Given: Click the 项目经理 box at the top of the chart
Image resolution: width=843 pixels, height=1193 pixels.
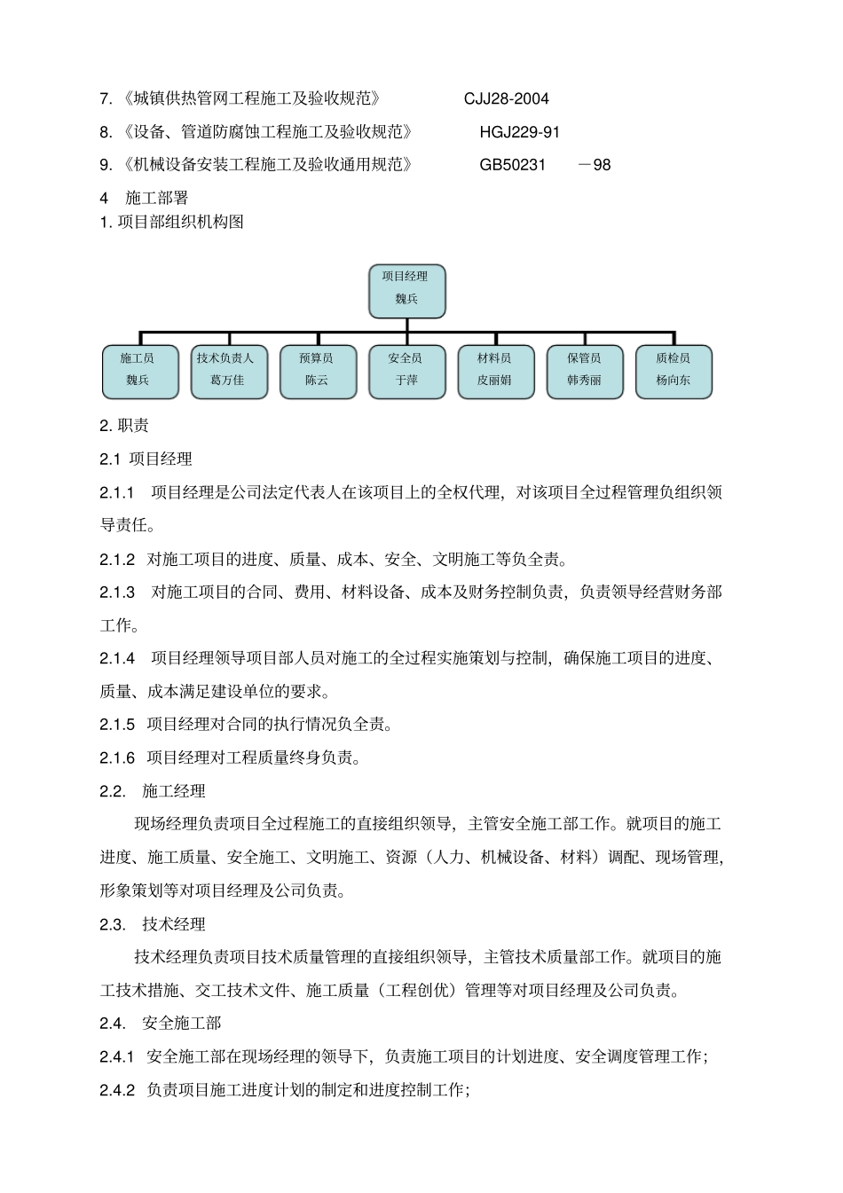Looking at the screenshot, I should click(x=406, y=291).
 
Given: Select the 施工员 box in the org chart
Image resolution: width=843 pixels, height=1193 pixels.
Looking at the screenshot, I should click(x=138, y=371).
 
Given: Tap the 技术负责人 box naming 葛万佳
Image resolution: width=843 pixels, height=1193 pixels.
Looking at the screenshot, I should click(x=228, y=371).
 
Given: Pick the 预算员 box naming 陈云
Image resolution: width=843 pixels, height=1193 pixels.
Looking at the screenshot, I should click(x=317, y=371).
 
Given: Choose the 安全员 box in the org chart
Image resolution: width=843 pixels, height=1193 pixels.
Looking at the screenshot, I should click(x=406, y=371).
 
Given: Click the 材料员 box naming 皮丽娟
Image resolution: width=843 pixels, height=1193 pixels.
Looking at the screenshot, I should click(x=495, y=371).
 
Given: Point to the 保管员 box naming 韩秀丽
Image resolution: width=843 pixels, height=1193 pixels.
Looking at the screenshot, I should click(x=585, y=371).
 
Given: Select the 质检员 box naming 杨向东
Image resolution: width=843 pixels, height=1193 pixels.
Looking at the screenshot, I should click(x=674, y=371).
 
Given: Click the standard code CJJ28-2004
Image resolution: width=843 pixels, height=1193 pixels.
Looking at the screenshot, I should click(x=506, y=98).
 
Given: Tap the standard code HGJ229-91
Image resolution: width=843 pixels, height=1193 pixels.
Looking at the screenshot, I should click(x=519, y=132).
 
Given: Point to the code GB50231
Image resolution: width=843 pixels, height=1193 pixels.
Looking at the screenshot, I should click(x=512, y=165).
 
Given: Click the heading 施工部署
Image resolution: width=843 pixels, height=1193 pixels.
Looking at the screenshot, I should click(x=157, y=198).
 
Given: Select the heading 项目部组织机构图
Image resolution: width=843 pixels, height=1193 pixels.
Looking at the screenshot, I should click(x=181, y=222).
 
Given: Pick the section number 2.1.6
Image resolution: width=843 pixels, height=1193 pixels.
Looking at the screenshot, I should click(x=117, y=757).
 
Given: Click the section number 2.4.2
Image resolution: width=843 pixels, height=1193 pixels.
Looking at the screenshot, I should click(x=117, y=1090).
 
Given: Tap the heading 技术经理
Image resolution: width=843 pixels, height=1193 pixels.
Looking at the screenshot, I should click(x=174, y=924).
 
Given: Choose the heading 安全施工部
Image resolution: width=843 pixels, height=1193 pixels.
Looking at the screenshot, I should click(x=182, y=1024).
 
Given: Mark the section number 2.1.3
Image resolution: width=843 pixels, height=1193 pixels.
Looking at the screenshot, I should click(x=117, y=592).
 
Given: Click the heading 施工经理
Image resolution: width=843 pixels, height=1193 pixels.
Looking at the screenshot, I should click(x=174, y=791).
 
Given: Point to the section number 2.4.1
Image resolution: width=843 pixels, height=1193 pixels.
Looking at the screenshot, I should click(x=117, y=1056).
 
